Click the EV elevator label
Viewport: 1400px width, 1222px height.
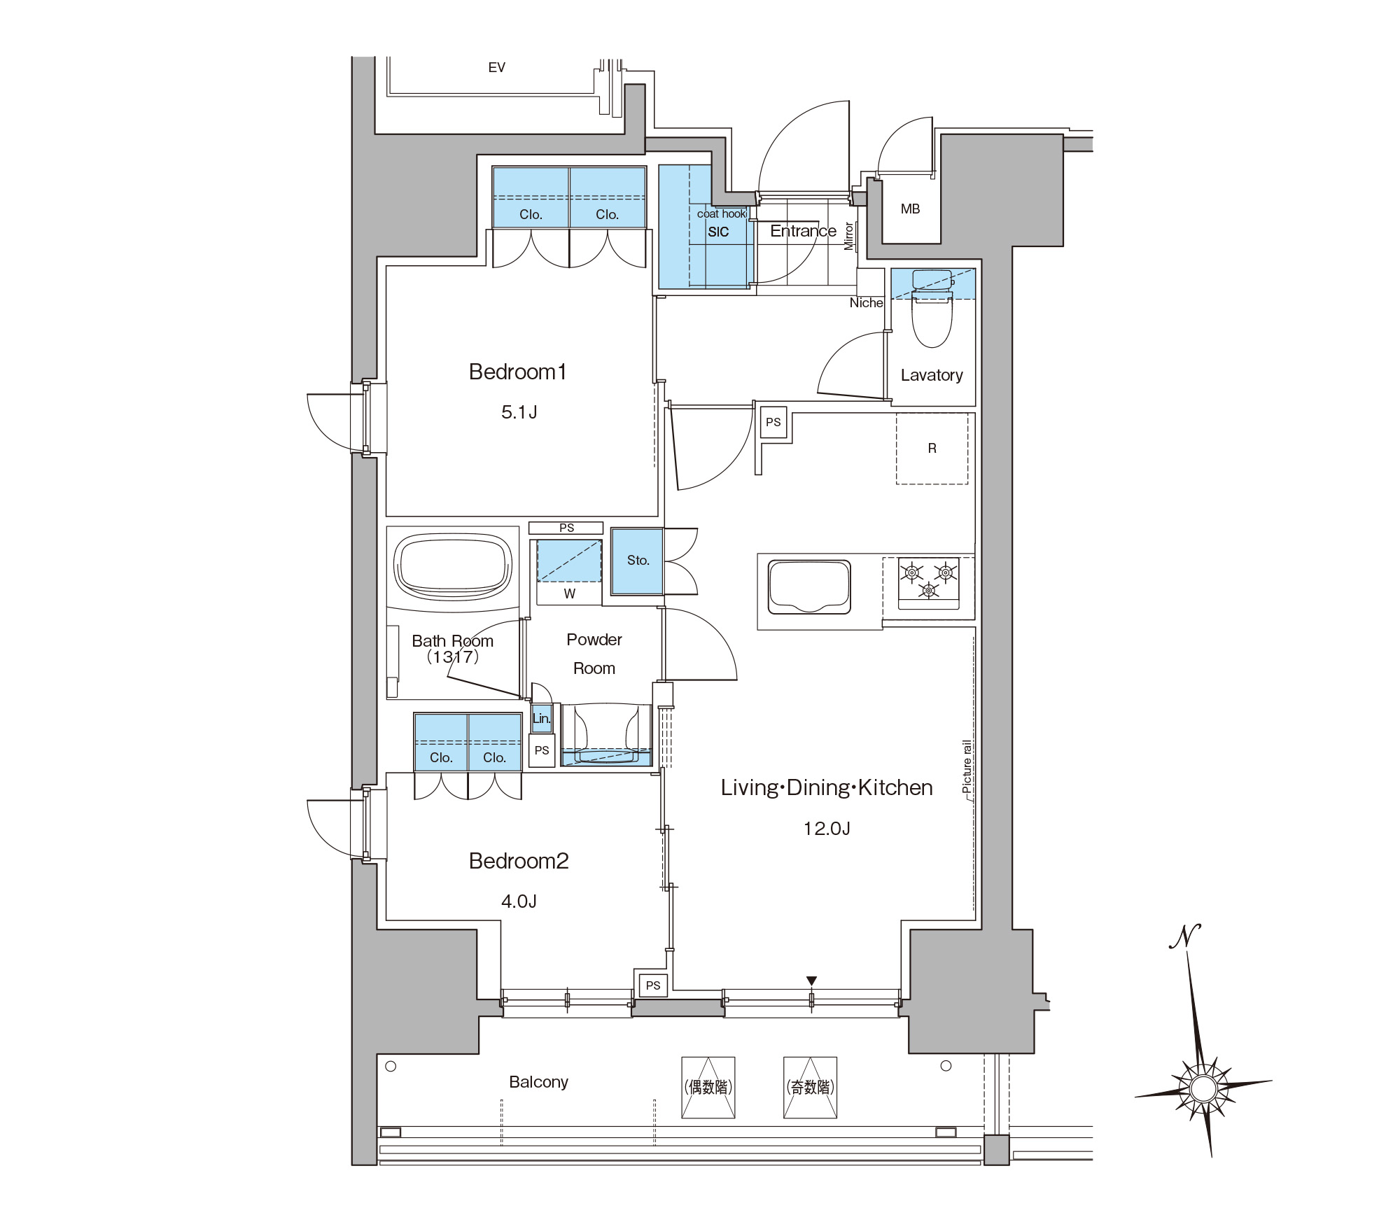coord(496,67)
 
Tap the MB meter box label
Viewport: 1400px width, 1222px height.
coord(910,209)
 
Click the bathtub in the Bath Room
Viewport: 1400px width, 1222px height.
coord(453,567)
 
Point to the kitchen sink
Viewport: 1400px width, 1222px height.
coord(809,587)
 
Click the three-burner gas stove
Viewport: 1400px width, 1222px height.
coord(929,580)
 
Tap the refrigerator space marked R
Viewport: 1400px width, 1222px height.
coord(932,448)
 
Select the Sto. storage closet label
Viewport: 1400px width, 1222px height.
coord(638,560)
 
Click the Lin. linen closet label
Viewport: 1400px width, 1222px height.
coord(541,718)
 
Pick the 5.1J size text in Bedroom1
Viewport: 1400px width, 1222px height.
coord(519,412)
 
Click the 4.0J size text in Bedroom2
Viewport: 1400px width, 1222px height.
coord(519,901)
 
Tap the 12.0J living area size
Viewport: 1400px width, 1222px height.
coord(827,829)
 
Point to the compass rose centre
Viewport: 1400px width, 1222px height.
coord(1203,1088)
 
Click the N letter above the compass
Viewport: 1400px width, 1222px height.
coord(1185,936)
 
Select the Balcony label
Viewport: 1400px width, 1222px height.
coord(538,1082)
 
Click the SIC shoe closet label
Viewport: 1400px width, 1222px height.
coord(718,232)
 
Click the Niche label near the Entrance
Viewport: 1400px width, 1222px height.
coord(866,303)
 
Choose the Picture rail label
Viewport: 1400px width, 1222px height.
coord(967,766)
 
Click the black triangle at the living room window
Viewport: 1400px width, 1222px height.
coord(811,981)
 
